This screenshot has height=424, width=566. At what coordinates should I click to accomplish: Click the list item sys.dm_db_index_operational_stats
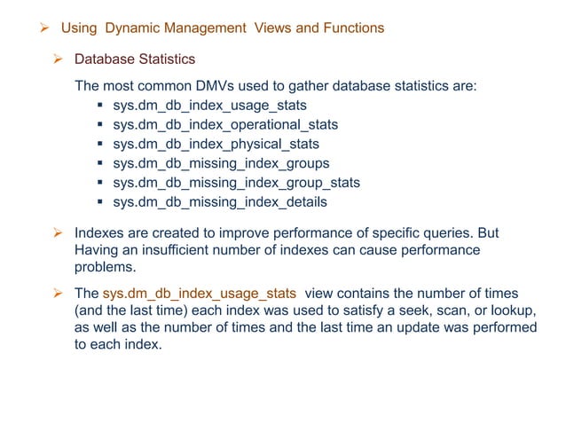point(225,125)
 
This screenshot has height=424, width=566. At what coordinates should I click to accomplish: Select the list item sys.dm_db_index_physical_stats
point(216,144)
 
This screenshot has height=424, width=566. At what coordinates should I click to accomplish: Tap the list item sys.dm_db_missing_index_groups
point(221,163)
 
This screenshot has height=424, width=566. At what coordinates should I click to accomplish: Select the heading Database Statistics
point(134,59)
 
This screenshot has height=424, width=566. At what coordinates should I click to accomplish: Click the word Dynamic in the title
point(130,27)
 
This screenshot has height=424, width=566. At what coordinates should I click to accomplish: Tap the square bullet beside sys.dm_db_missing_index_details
point(101,202)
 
